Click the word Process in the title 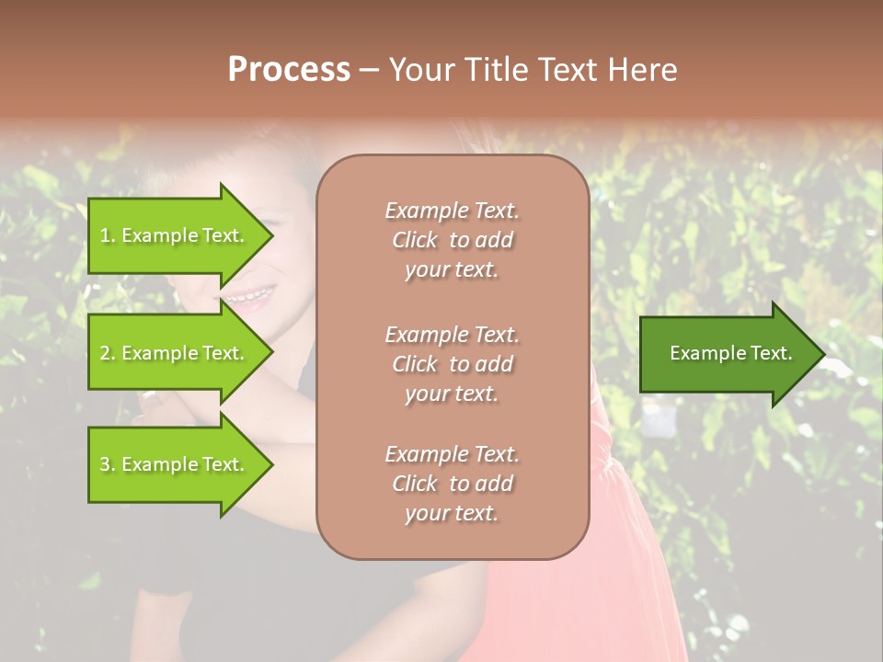point(289,70)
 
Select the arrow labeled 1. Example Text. point(175,235)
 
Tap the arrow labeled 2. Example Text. point(175,353)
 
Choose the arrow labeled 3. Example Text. point(175,464)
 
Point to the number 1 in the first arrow point(105,235)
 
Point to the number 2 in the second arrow point(105,353)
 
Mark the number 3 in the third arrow point(105,464)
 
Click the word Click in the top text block point(415,240)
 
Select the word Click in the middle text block point(415,364)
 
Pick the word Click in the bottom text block point(415,484)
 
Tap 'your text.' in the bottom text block point(452,513)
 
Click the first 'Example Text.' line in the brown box point(452,211)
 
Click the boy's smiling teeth point(250,297)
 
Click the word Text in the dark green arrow point(767,353)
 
